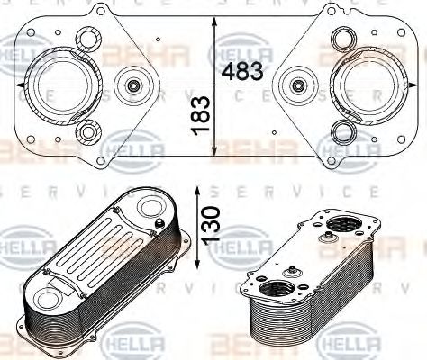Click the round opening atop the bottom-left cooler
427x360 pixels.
[x=144, y=206]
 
